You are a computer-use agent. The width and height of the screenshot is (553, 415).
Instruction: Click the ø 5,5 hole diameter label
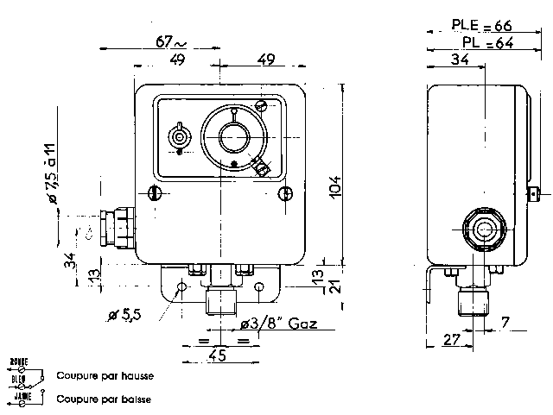124,317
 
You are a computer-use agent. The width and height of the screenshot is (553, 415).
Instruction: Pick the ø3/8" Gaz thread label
278,324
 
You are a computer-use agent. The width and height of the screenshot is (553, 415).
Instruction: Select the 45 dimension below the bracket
218,355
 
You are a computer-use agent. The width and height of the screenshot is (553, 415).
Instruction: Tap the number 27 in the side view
451,340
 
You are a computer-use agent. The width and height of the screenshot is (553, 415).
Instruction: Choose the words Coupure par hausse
105,376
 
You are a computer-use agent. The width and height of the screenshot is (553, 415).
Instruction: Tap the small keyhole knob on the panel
179,135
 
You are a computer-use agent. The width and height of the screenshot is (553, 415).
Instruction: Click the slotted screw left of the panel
156,192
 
